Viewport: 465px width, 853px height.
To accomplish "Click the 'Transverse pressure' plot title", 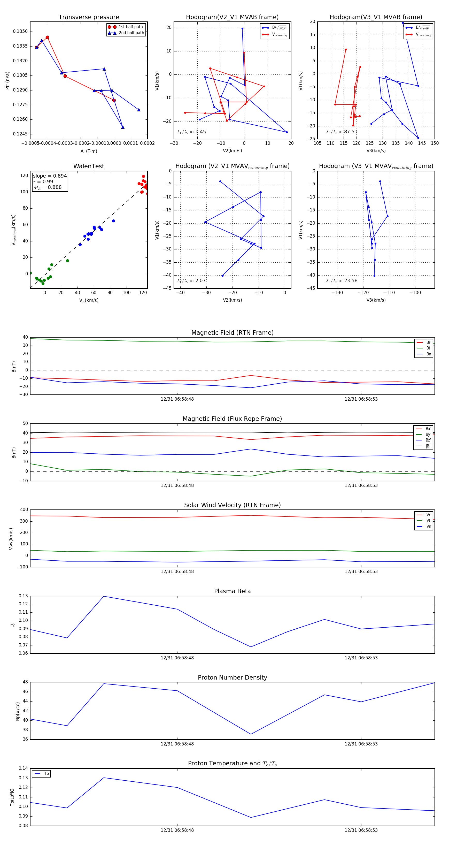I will coord(89,17).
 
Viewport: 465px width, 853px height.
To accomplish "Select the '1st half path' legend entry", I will coord(130,27).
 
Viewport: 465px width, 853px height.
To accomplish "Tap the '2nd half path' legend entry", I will coord(131,33).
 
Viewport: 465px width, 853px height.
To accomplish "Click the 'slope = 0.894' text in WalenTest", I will coord(50,176).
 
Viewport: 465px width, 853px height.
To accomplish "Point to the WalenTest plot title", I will coord(89,166).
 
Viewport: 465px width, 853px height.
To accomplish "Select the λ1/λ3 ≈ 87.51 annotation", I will coord(342,132).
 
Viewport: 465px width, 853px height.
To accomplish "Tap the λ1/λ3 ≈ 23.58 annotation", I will coord(342,281).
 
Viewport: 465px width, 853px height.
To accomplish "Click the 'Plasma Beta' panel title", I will coord(232,591).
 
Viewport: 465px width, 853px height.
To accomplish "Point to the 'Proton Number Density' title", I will coord(232,677).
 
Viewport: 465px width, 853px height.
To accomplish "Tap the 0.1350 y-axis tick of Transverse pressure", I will coord(20,32).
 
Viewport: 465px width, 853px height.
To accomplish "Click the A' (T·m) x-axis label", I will coord(89,151).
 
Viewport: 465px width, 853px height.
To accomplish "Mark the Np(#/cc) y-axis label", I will coord(18,711).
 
